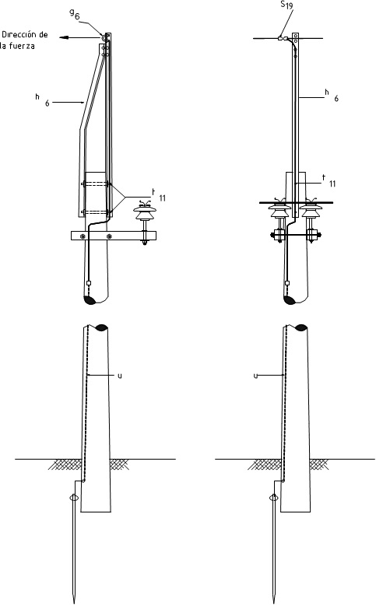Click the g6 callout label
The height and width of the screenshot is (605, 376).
pos(75,14)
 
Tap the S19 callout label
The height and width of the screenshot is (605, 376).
pos(286,5)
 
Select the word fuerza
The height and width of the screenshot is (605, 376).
pos(22,46)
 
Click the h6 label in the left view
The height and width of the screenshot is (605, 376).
pos(43,100)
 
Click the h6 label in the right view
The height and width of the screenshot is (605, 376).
pos(332,95)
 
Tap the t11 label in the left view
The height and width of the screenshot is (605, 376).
pos(159,195)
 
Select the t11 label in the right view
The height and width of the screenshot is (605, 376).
pos(329,180)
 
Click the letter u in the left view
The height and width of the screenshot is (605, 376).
pos(120,376)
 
